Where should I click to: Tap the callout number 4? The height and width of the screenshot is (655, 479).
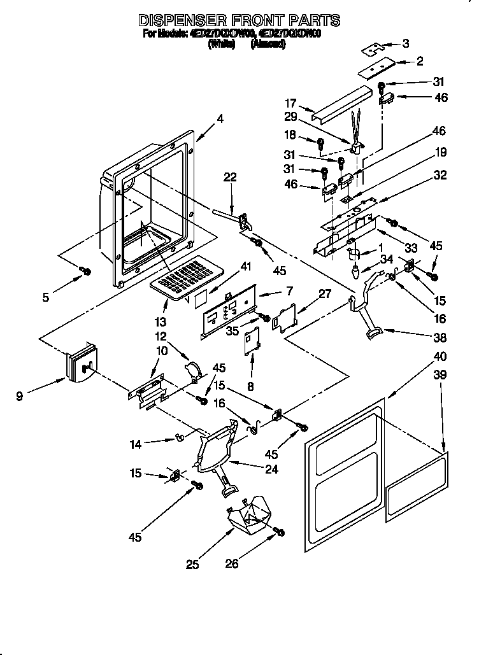point(220,118)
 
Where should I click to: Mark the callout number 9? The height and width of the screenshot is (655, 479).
point(20,396)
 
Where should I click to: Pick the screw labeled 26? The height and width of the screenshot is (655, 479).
point(278,532)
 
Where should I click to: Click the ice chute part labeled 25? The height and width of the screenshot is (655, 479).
point(251,513)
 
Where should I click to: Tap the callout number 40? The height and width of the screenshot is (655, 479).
point(440,356)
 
